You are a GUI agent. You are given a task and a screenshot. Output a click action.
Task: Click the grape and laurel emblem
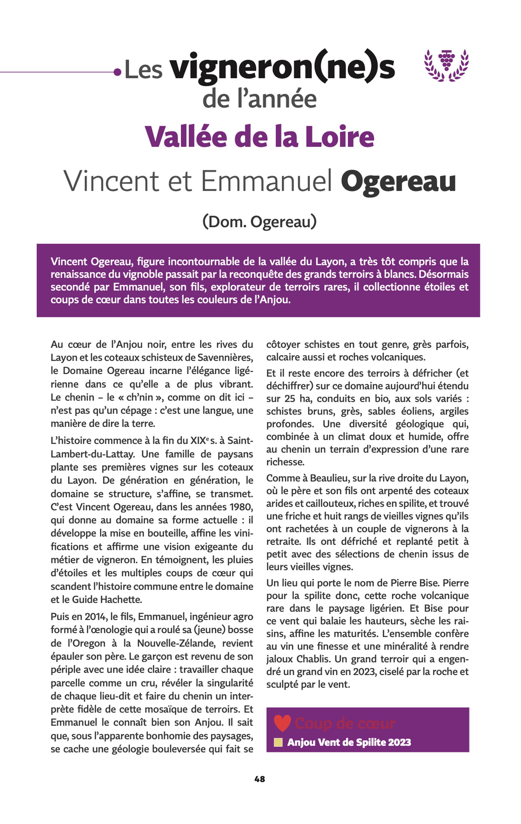click(446, 65)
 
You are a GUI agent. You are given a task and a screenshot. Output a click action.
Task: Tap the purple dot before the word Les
click(118, 72)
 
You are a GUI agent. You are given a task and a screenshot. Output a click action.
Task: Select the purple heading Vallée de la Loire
click(260, 137)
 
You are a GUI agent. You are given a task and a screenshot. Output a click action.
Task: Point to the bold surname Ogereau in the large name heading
click(398, 182)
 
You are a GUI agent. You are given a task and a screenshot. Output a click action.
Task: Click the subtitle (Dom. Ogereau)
click(259, 221)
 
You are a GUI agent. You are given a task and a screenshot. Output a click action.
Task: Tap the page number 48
click(260, 779)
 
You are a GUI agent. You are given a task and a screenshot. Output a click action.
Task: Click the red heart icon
click(282, 723)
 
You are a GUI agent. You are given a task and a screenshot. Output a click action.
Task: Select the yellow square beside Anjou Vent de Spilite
click(278, 742)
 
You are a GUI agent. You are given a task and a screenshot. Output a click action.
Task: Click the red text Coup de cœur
click(345, 723)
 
